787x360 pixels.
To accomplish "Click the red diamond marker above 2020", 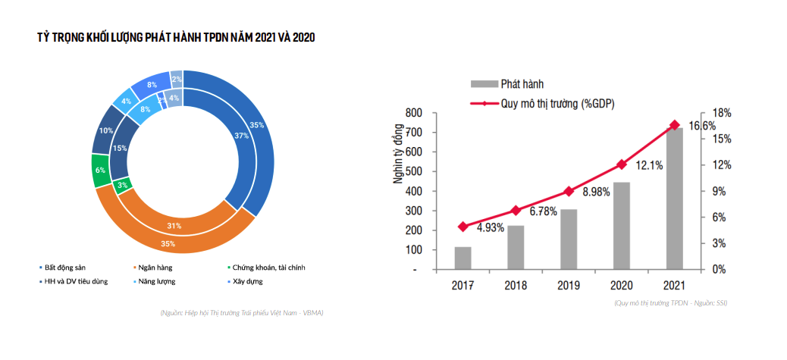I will [x=622, y=164].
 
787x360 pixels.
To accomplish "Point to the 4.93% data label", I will [x=491, y=228].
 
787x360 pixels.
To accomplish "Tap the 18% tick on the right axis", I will [x=722, y=113].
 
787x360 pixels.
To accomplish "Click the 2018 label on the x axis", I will [x=516, y=286].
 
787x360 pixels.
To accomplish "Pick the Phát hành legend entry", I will [x=522, y=83].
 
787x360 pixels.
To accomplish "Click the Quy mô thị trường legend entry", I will [x=557, y=104].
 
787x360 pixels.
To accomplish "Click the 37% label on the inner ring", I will [x=242, y=136].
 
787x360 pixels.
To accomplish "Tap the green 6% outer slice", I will [x=100, y=171].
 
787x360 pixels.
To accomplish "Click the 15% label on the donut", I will [x=120, y=149].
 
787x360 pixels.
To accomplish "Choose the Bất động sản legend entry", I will [x=65, y=268].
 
